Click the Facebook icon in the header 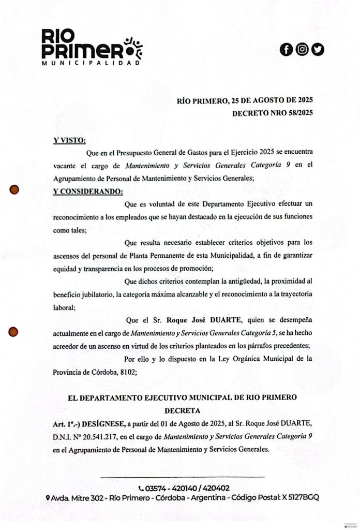click(286, 49)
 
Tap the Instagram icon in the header click(302, 49)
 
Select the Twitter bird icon click(318, 49)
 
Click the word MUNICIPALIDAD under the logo click(91, 63)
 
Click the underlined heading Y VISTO click(69, 140)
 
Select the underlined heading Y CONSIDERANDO click(88, 192)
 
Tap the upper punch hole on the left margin click(15, 190)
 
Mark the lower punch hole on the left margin click(14, 331)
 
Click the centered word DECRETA click(182, 410)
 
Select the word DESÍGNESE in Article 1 click(104, 423)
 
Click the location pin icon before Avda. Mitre click(48, 497)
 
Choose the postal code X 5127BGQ click(301, 497)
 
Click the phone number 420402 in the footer click(217, 488)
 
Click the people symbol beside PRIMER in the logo click(133, 48)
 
